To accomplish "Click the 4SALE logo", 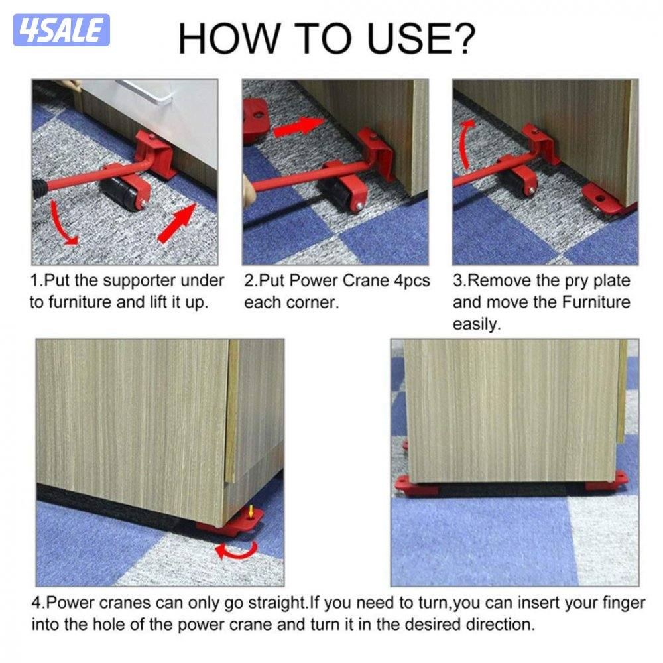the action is pyautogui.click(x=61, y=30).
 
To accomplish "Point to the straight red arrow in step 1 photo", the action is pyautogui.click(x=178, y=223).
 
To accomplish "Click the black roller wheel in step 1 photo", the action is pyautogui.click(x=121, y=193).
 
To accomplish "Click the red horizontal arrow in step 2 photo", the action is pyautogui.click(x=298, y=127).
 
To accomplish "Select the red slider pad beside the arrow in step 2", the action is pyautogui.click(x=256, y=119).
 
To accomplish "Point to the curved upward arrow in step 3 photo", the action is pyautogui.click(x=466, y=144).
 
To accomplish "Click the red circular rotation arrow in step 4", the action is pyautogui.click(x=237, y=550).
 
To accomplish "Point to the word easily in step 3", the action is pyautogui.click(x=477, y=324).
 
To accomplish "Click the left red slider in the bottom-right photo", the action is pyautogui.click(x=412, y=485).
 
